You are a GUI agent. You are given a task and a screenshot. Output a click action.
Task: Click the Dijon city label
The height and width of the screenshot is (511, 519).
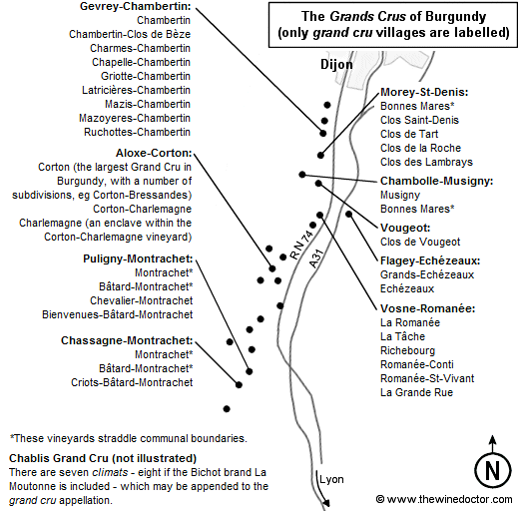click(336, 64)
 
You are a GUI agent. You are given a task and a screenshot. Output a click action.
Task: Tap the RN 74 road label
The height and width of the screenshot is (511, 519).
click(301, 245)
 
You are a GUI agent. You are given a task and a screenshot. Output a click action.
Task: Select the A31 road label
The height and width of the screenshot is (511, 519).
click(316, 258)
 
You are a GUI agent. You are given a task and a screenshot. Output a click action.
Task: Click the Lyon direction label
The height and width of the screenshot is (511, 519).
click(331, 479)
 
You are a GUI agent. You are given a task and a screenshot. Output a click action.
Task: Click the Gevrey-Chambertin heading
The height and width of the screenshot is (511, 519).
click(135, 6)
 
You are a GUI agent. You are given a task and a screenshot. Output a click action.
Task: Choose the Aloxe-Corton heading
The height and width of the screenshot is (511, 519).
click(154, 153)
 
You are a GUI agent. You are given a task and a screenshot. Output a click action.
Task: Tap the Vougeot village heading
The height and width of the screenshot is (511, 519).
click(405, 228)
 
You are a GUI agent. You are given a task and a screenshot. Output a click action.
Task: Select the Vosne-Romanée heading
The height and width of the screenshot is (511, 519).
click(427, 308)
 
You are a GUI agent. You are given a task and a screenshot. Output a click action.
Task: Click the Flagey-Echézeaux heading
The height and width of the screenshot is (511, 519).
click(430, 260)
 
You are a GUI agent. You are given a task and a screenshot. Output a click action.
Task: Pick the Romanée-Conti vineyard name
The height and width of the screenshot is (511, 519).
click(417, 364)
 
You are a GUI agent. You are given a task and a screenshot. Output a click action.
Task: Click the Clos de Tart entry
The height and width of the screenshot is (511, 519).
click(409, 134)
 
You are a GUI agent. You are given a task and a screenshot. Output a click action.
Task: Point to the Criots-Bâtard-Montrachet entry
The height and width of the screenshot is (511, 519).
click(132, 382)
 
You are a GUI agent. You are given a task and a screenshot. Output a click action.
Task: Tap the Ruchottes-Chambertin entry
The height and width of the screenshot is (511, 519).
click(137, 132)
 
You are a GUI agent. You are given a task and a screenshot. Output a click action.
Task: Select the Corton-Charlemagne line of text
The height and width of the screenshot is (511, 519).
click(142, 209)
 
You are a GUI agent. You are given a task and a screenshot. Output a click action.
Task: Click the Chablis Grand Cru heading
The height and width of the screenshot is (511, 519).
click(103, 458)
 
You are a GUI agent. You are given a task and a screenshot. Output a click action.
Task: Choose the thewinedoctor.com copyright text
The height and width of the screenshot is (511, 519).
click(444, 499)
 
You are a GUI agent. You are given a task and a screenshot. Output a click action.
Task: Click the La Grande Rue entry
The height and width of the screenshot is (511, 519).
click(416, 392)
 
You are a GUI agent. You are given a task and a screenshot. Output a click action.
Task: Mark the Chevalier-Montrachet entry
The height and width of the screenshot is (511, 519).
click(141, 300)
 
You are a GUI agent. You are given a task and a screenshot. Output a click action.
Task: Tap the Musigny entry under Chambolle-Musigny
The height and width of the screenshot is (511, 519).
click(400, 195)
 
